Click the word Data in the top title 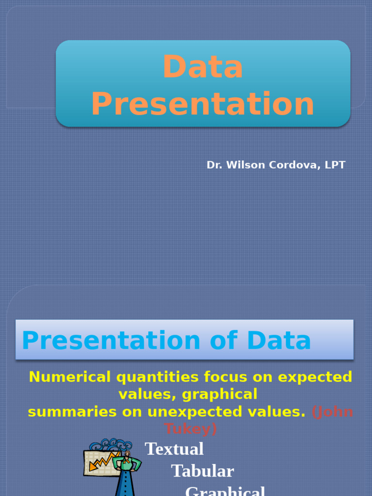click(203, 67)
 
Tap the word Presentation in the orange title click(203, 104)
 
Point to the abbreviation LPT click(335, 165)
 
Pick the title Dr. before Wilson click(214, 165)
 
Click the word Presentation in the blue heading click(111, 341)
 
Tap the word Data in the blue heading click(279, 341)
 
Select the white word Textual click(174, 449)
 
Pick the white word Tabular click(202, 471)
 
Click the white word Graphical click(225, 490)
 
